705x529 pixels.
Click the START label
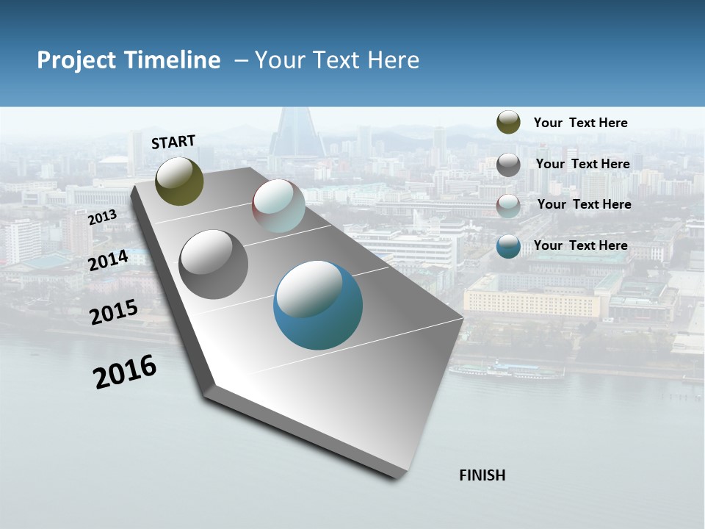click(x=173, y=142)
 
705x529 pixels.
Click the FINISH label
click(x=482, y=475)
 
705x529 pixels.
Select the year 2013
click(x=102, y=217)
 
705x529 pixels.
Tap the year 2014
click(x=108, y=260)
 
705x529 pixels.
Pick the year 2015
click(x=114, y=312)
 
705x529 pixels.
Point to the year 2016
click(x=125, y=372)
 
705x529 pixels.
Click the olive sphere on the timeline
click(x=179, y=181)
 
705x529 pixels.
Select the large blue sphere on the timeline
click(x=318, y=305)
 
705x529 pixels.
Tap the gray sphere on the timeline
click(x=213, y=264)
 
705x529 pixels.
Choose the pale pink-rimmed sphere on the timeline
click(x=278, y=206)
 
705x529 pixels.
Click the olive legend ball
click(x=508, y=123)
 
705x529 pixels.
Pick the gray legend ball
click(x=508, y=165)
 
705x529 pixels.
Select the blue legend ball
click(x=508, y=246)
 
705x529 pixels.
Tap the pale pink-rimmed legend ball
click(x=508, y=205)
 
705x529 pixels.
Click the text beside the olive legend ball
click(x=580, y=123)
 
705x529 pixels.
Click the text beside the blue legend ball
click(x=580, y=245)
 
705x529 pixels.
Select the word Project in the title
click(x=76, y=60)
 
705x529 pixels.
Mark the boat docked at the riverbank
click(x=506, y=370)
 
